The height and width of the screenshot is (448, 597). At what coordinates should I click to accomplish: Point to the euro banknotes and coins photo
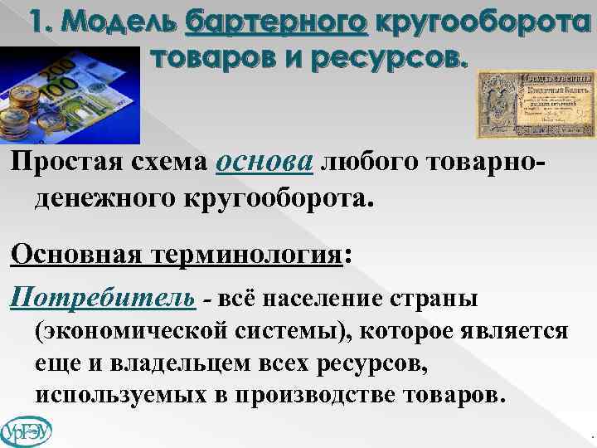tap(70, 95)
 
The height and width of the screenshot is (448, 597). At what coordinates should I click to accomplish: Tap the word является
tap(512, 332)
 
